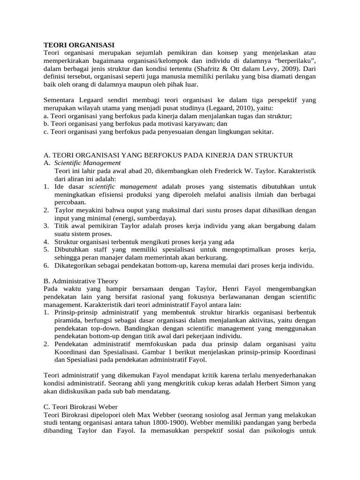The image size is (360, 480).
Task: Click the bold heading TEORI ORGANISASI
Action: [x=79, y=45]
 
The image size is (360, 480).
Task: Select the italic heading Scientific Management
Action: [x=87, y=163]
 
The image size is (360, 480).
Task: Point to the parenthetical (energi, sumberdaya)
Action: [x=142, y=218]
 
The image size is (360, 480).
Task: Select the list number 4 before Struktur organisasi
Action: [x=46, y=241]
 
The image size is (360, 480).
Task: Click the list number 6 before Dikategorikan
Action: [x=46, y=265]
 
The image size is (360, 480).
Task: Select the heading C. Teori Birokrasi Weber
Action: [x=80, y=406]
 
